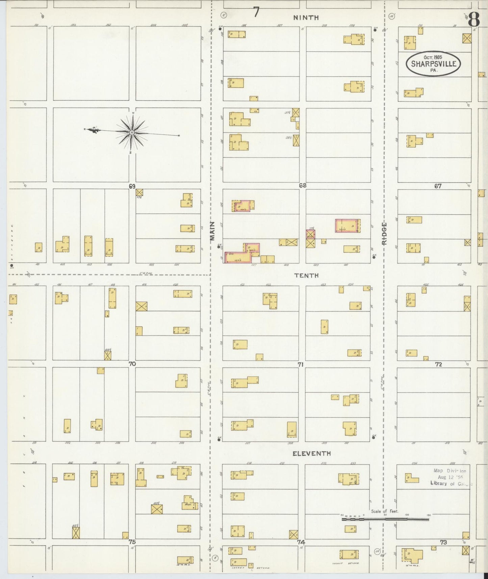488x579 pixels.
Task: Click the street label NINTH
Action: coord(306,18)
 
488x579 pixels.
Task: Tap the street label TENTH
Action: coord(306,276)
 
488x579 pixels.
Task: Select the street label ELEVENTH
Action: coord(311,453)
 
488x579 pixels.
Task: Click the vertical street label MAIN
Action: coord(212,231)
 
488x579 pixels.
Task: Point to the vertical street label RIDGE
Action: coord(384,233)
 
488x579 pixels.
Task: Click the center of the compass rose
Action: coord(131,132)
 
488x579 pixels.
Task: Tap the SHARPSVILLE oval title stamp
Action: coord(434,64)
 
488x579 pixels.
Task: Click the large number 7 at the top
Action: coord(256,12)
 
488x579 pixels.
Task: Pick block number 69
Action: coord(132,186)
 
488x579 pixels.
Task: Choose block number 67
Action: coord(438,186)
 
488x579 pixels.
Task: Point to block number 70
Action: coord(132,364)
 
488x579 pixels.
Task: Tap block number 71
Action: coord(301,364)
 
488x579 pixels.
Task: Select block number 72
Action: coord(438,364)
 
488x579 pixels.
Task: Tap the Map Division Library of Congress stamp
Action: coord(451,477)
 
